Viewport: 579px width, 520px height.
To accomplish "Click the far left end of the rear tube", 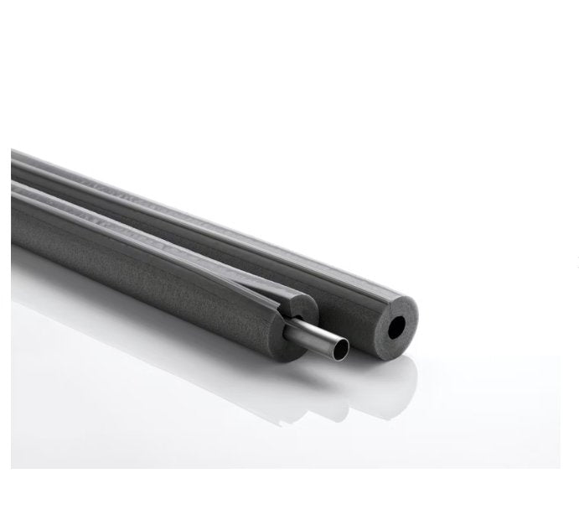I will point(14,159).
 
